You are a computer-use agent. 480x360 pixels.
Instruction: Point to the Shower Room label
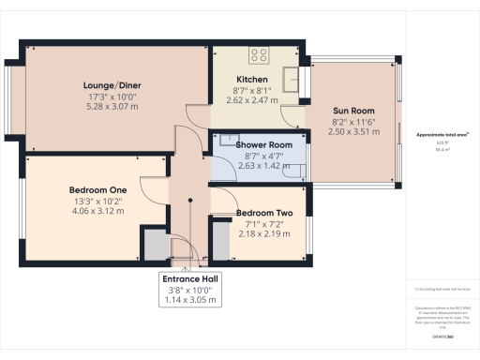pyautogui.click(x=258, y=145)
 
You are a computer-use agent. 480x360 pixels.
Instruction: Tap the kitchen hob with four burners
pyautogui.click(x=258, y=54)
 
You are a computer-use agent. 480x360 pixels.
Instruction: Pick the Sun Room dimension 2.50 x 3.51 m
pyautogui.click(x=353, y=133)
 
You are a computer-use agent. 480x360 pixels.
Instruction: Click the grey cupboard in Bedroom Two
pyautogui.click(x=221, y=242)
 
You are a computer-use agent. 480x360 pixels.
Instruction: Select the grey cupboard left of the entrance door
pyautogui.click(x=152, y=246)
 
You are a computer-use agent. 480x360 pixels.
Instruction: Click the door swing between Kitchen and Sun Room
pyautogui.click(x=293, y=116)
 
